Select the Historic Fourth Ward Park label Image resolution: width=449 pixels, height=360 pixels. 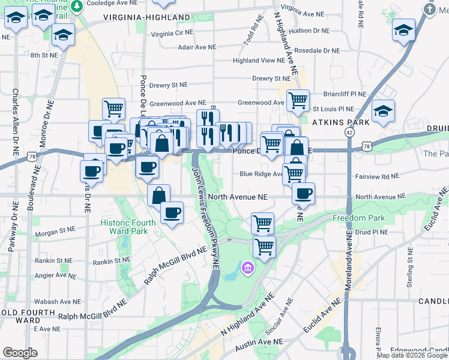[128, 227]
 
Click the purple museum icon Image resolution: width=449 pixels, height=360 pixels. [247, 267]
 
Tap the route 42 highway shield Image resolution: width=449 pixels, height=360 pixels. [349, 131]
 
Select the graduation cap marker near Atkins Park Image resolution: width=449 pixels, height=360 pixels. [383, 111]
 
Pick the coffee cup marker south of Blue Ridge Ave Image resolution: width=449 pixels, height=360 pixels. [304, 194]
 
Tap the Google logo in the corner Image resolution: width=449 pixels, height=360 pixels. [20, 353]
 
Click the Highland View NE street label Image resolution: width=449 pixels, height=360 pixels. [259, 61]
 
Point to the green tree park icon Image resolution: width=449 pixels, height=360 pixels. [77, 6]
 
